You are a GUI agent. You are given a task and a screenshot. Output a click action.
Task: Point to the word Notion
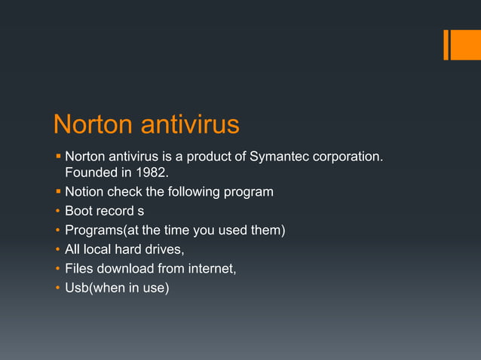tap(85, 192)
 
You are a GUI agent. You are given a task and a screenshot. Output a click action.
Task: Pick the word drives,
tap(164, 248)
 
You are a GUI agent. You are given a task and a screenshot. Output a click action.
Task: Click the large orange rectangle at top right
tap(461, 44)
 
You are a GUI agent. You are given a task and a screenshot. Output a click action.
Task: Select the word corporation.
tap(348, 157)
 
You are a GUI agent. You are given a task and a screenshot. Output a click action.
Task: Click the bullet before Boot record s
tap(57, 211)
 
